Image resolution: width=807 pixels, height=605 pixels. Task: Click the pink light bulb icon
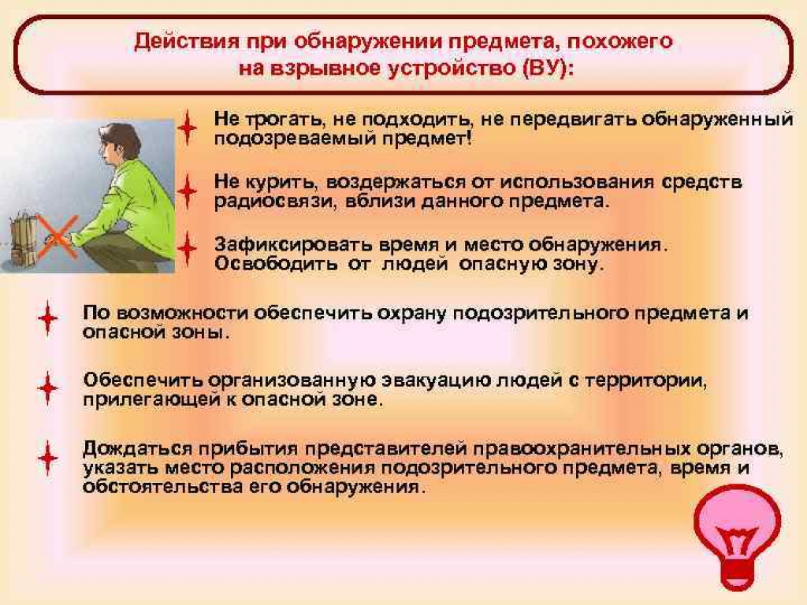737,535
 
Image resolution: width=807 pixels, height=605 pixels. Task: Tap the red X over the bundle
58,237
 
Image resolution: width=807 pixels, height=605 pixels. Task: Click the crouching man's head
121,147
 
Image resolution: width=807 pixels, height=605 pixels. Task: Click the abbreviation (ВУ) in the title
548,69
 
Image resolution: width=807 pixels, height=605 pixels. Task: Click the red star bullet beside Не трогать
187,128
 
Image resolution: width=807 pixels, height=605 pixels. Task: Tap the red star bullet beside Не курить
187,191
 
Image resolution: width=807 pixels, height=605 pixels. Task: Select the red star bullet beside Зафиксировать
187,248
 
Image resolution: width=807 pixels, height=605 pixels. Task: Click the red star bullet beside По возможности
48,318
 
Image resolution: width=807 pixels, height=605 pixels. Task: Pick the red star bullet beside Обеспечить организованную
48,388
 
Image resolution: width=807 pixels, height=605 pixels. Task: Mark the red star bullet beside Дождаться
48,458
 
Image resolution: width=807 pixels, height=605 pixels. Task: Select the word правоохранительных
582,449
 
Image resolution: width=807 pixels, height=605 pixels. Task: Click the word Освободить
276,264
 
